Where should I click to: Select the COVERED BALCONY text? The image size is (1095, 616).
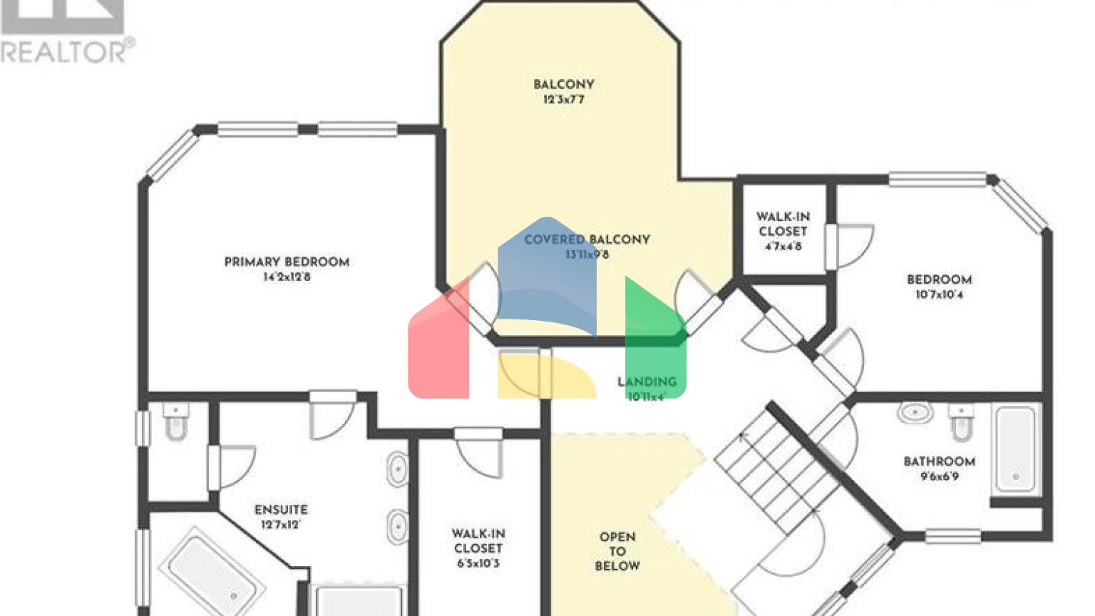pyautogui.click(x=587, y=240)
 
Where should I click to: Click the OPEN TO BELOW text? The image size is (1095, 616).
pyautogui.click(x=617, y=551)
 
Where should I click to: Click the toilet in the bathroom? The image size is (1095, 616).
pyautogui.click(x=961, y=423)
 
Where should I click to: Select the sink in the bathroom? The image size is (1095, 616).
pyautogui.click(x=916, y=413)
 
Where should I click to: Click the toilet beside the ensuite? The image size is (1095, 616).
pyautogui.click(x=175, y=422)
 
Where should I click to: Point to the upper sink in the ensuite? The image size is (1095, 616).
pyautogui.click(x=397, y=469)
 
